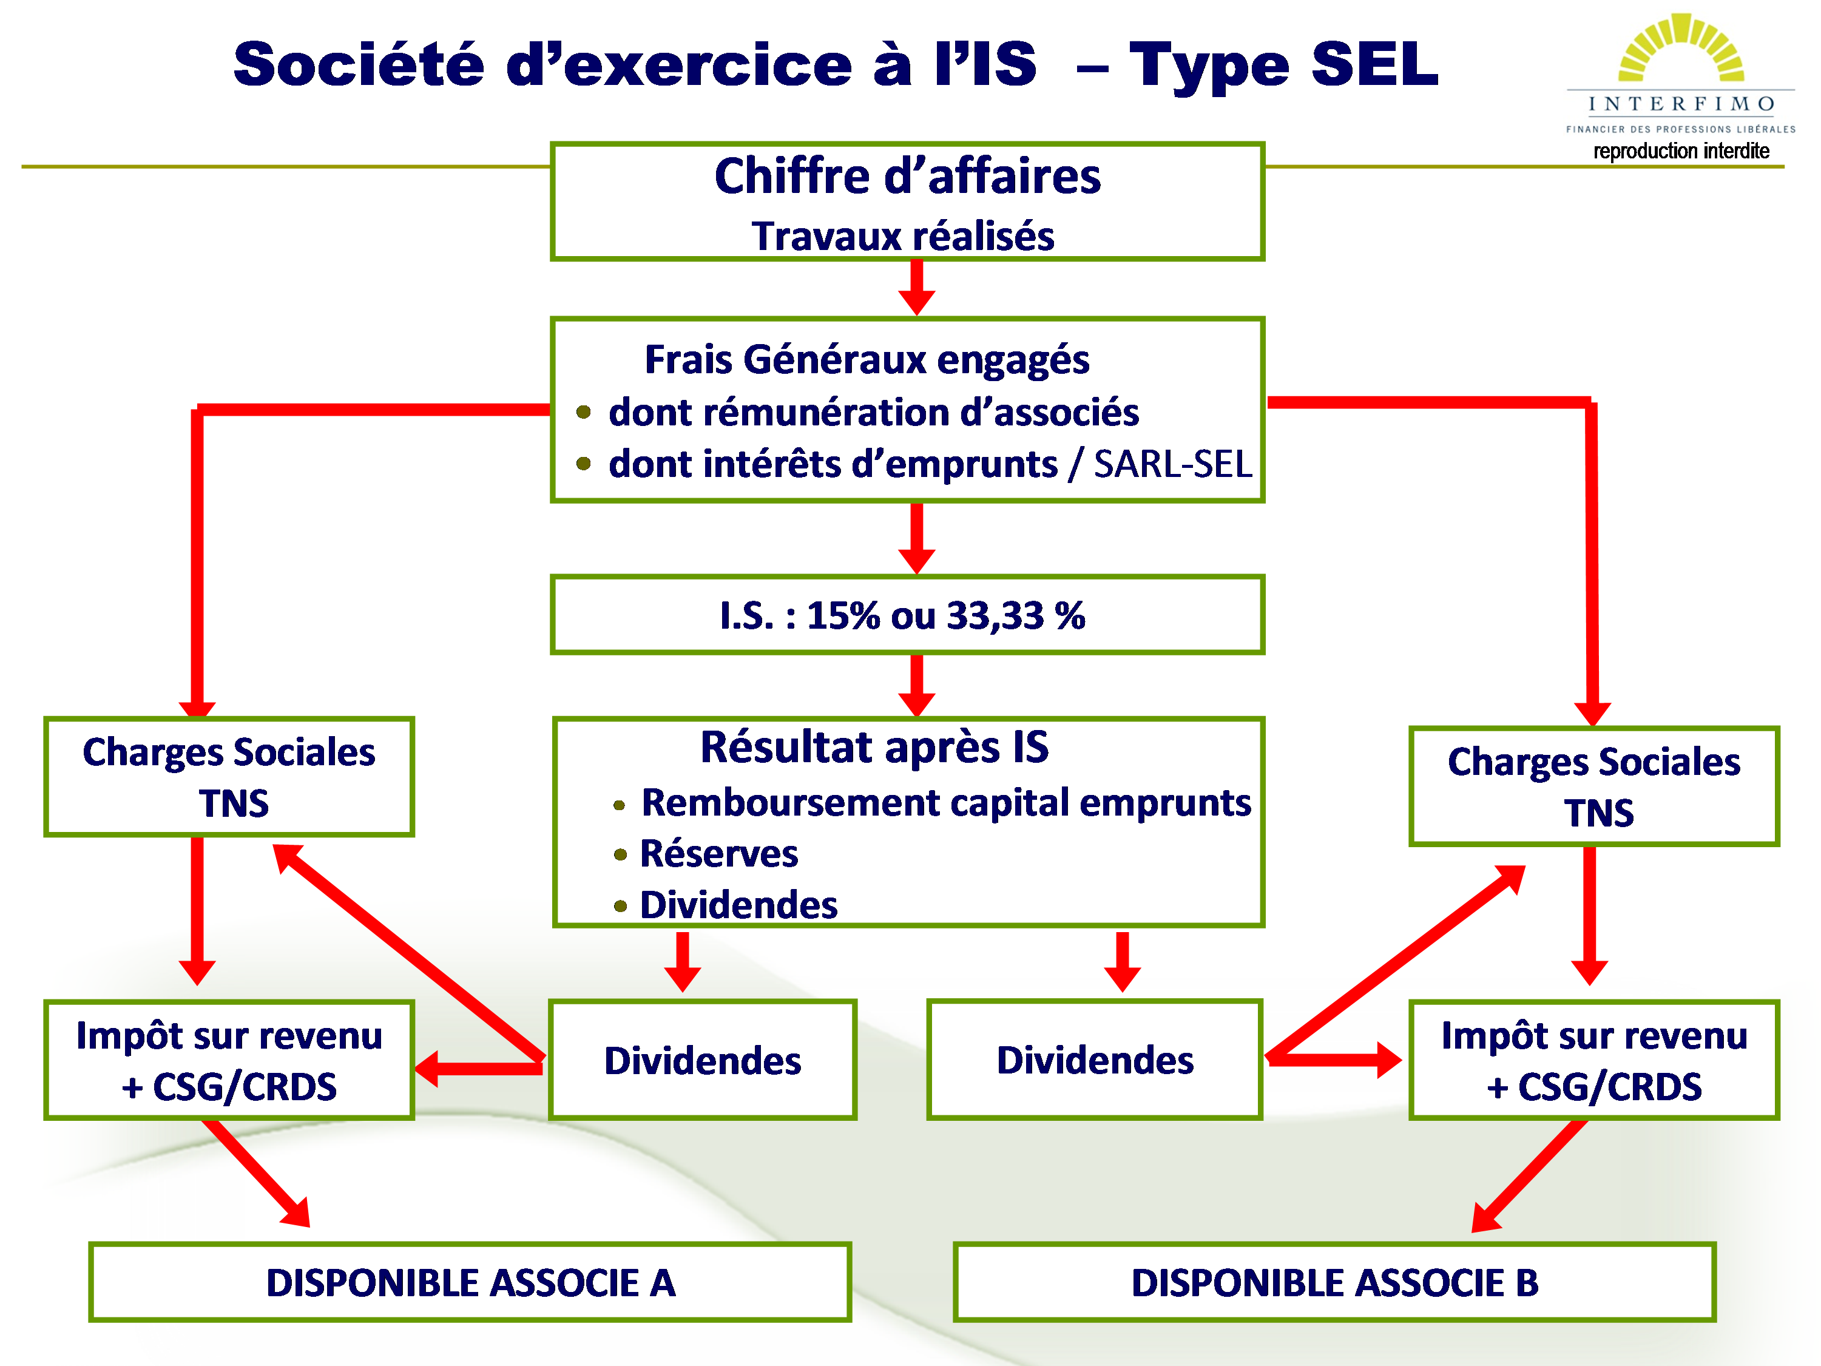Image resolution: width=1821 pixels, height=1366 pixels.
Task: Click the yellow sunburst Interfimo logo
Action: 1681,48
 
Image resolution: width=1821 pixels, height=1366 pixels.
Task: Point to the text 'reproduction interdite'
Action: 1681,150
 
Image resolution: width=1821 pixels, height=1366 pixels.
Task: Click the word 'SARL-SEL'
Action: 1172,464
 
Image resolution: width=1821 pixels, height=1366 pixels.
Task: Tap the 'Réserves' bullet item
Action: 718,854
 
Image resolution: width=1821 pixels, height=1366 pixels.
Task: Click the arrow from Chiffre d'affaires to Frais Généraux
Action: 916,288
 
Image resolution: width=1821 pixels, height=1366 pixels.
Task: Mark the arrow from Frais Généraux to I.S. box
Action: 916,538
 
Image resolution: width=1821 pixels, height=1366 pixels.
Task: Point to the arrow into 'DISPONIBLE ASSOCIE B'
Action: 1529,1176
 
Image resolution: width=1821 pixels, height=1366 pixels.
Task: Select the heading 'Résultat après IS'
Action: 874,747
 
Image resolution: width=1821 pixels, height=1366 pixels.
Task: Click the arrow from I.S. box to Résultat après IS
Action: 916,685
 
